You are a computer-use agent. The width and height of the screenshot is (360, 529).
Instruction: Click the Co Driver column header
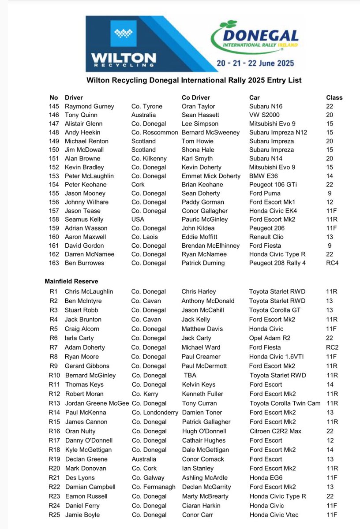[x=196, y=97]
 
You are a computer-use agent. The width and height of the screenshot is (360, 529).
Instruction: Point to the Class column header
[x=334, y=97]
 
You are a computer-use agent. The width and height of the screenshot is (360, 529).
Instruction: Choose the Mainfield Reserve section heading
[x=71, y=281]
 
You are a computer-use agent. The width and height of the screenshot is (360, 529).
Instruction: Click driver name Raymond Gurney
[x=89, y=106]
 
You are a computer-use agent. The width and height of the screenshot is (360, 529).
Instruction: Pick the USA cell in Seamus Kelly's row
[x=138, y=220]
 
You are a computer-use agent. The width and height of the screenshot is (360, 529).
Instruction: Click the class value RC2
[x=332, y=347]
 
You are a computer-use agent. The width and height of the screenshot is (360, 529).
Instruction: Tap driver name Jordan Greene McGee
[x=97, y=403]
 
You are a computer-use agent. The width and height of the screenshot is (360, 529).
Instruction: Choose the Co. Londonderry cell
[x=155, y=413]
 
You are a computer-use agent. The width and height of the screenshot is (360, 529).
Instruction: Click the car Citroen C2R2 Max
[x=275, y=431]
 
